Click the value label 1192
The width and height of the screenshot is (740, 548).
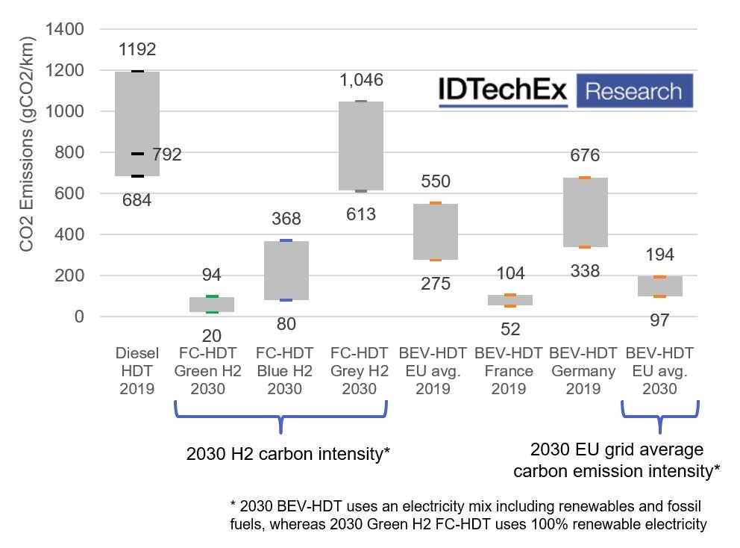(x=137, y=50)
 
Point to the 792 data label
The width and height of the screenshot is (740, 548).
(x=166, y=155)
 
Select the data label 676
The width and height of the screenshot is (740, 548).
(x=585, y=156)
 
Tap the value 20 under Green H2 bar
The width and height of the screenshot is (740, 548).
(x=212, y=335)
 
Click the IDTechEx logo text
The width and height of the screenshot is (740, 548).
(x=503, y=91)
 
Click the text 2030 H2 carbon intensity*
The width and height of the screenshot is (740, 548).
(x=288, y=455)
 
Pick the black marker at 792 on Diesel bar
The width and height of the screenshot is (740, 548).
(x=137, y=154)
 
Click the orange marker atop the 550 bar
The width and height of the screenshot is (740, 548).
(x=436, y=203)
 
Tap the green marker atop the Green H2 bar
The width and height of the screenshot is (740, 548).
(x=212, y=297)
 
